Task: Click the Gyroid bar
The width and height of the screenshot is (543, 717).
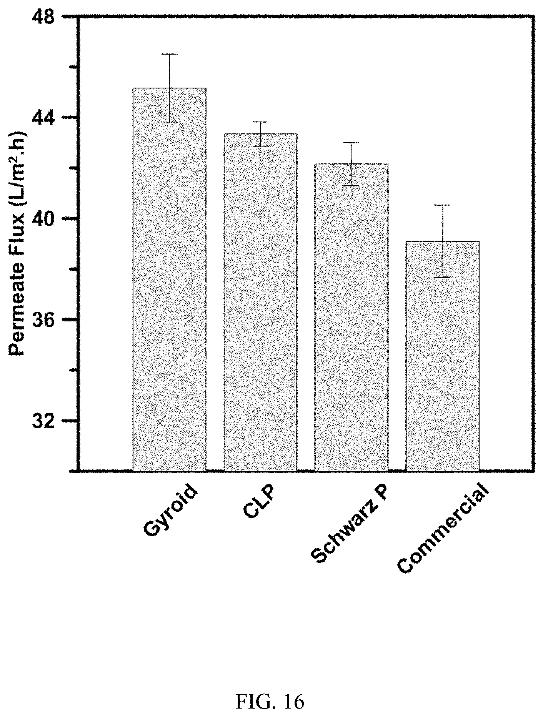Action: [x=169, y=279]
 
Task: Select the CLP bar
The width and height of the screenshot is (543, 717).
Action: [x=260, y=302]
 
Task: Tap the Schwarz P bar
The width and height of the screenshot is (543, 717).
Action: [x=351, y=317]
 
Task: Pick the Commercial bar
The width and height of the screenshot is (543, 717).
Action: [x=442, y=356]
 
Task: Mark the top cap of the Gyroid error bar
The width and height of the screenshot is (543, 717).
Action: [x=169, y=54]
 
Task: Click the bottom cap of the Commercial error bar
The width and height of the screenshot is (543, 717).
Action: [x=442, y=277]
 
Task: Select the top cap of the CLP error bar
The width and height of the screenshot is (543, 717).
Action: [x=260, y=122]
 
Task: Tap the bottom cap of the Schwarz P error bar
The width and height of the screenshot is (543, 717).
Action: [x=351, y=185]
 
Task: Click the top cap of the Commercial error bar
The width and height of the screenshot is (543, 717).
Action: [x=442, y=205]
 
